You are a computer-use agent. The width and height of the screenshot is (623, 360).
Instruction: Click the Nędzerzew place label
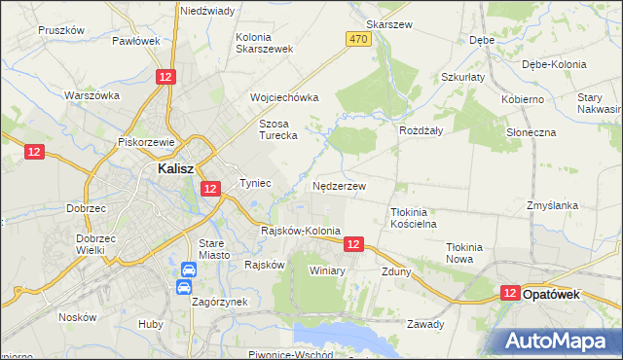coord(340,185)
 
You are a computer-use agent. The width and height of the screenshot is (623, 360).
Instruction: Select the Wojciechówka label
coord(284,98)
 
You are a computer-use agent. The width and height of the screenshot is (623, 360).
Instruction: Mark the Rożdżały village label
coord(421,129)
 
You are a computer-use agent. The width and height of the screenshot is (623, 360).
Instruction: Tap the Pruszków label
coord(62,30)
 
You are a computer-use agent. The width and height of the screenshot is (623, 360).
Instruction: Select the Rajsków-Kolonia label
coord(301,232)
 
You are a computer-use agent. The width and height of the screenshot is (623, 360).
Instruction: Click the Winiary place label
coord(327,270)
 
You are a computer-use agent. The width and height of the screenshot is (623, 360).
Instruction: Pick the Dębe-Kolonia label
coord(554,64)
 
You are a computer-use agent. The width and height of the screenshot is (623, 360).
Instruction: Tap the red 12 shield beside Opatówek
coord(509,293)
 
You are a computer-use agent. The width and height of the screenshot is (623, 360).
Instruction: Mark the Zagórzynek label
coord(219,303)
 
